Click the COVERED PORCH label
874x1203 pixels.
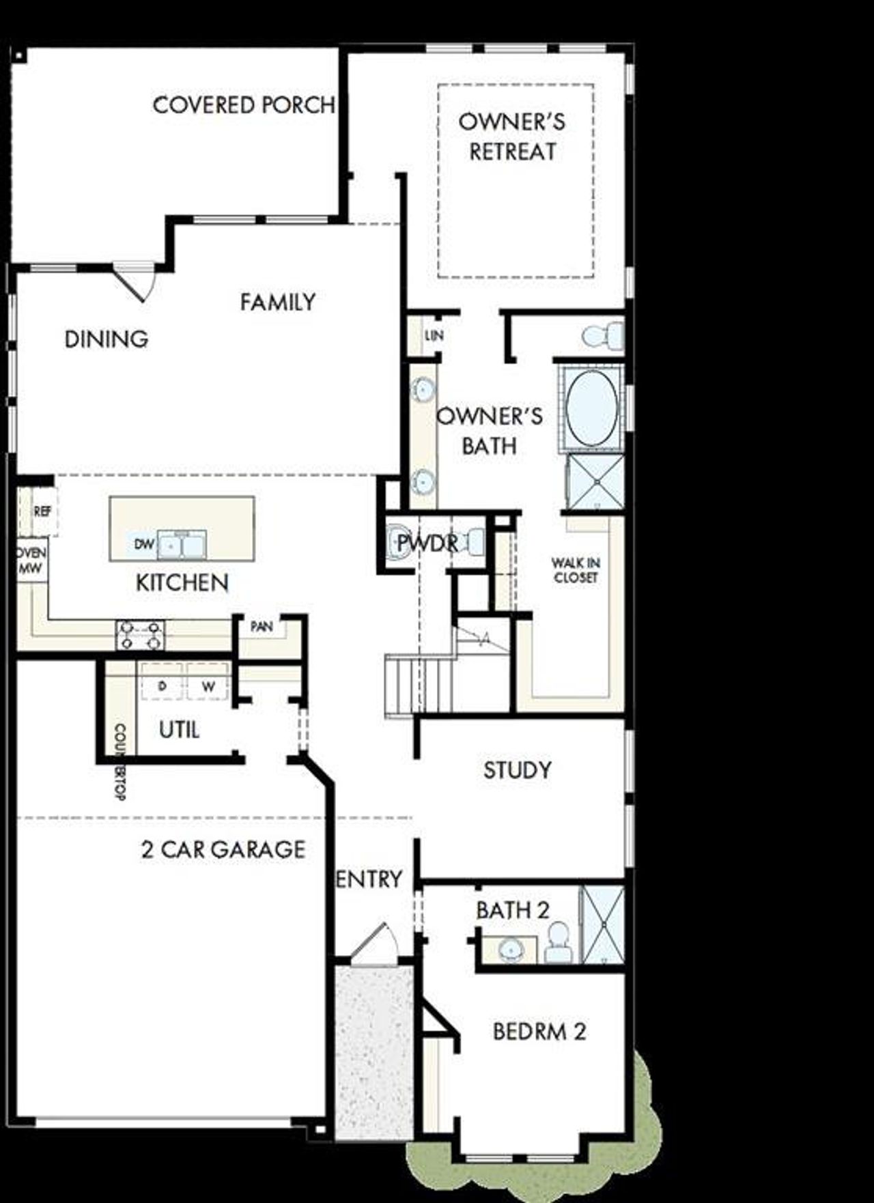(244, 105)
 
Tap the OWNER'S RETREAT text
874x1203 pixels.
(512, 137)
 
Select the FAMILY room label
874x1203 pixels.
(277, 302)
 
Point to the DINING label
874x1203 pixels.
(106, 339)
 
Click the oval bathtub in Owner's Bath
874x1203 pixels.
(591, 408)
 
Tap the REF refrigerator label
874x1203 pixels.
(42, 510)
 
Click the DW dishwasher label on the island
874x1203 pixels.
(144, 544)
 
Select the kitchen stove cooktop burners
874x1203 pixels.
(140, 635)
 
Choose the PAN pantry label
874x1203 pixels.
(262, 626)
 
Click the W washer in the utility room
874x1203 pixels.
(208, 686)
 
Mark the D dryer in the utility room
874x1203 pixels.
(162, 685)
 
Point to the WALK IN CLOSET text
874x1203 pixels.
(576, 570)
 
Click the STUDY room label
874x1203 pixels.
(517, 770)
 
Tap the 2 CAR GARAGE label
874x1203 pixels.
(223, 849)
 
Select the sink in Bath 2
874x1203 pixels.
(509, 949)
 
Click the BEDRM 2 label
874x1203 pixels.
(539, 1031)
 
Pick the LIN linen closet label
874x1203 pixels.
(434, 335)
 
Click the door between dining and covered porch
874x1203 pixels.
(131, 281)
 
